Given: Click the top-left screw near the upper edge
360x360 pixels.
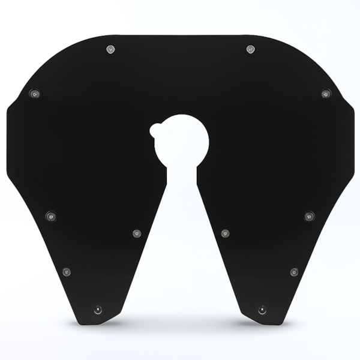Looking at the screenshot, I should [x=110, y=49].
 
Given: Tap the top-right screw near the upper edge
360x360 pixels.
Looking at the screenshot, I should [x=251, y=49].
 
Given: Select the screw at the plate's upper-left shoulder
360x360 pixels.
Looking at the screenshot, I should [x=35, y=94].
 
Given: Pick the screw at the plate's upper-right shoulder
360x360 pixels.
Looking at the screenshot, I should [x=326, y=94].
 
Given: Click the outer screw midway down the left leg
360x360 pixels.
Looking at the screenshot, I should [x=51, y=215].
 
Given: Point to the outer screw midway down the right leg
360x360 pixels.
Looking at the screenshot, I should [x=309, y=215].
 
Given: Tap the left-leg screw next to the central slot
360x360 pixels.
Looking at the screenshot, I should [x=137, y=233].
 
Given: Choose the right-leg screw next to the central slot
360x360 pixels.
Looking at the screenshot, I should [x=225, y=233].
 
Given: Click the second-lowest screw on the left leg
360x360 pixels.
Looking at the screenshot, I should [x=66, y=272].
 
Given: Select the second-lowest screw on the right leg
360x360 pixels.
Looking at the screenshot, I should [x=294, y=272].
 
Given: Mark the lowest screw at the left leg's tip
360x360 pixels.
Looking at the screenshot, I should [x=98, y=310].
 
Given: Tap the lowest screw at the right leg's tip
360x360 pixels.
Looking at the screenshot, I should [x=262, y=310].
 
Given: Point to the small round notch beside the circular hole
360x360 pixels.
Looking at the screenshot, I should [x=155, y=129].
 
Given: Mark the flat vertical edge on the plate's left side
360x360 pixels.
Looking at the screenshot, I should [x=7, y=144].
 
